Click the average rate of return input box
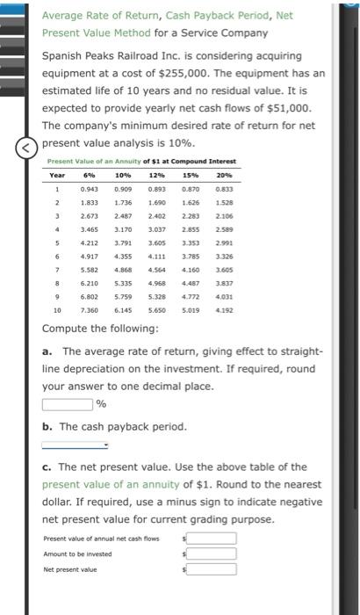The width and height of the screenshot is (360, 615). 67,404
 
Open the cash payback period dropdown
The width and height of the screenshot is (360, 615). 75,445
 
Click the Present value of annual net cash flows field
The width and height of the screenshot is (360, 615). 209,539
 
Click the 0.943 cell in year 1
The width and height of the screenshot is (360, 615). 89,189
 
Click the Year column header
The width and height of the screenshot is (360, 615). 56,174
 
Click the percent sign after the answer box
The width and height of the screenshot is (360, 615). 101,405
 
